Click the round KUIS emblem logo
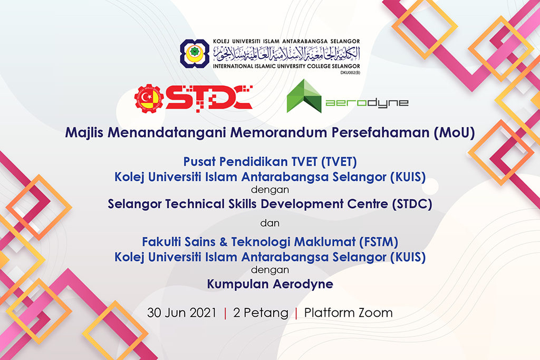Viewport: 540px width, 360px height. pos(195,53)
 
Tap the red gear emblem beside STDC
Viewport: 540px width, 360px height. pos(149,99)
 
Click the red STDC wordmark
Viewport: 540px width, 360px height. pos(209,98)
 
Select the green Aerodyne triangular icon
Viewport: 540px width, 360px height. pos(304,96)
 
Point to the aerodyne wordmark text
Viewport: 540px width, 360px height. pos(367,103)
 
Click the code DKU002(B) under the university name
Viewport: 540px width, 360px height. pos(350,73)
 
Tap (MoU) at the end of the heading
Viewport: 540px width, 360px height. pos(454,133)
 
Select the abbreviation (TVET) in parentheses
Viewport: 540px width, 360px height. pos(339,162)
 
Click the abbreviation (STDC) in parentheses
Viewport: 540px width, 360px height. pos(412,204)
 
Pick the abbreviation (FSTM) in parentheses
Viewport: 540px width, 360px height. pos(379,242)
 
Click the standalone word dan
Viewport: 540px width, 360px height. pos(270,223)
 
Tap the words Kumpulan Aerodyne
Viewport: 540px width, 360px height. pos(270,284)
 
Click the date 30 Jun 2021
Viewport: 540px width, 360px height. pos(182,313)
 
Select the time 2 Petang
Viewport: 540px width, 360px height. pos(261,313)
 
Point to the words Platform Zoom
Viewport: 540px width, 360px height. pos(348,313)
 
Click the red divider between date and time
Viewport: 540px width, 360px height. pos(225,313)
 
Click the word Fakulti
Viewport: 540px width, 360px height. pos(161,242)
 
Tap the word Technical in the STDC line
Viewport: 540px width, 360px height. pos(195,204)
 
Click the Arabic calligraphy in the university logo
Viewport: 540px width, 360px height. pos(286,53)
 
